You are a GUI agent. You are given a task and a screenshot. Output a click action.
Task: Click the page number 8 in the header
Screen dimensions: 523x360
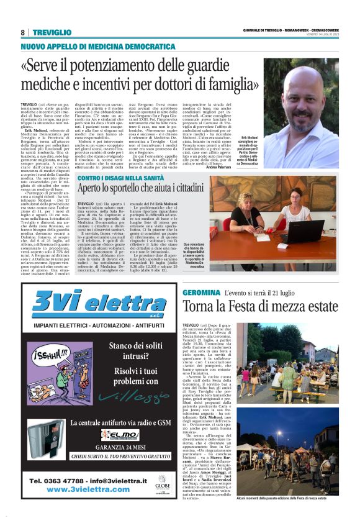coord(23,32)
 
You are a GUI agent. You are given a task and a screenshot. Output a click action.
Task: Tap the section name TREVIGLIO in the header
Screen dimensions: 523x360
coord(53,32)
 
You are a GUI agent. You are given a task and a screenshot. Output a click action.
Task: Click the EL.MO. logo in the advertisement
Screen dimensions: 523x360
coord(120,435)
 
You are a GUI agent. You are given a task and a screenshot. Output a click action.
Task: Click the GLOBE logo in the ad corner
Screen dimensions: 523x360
coord(163,483)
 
